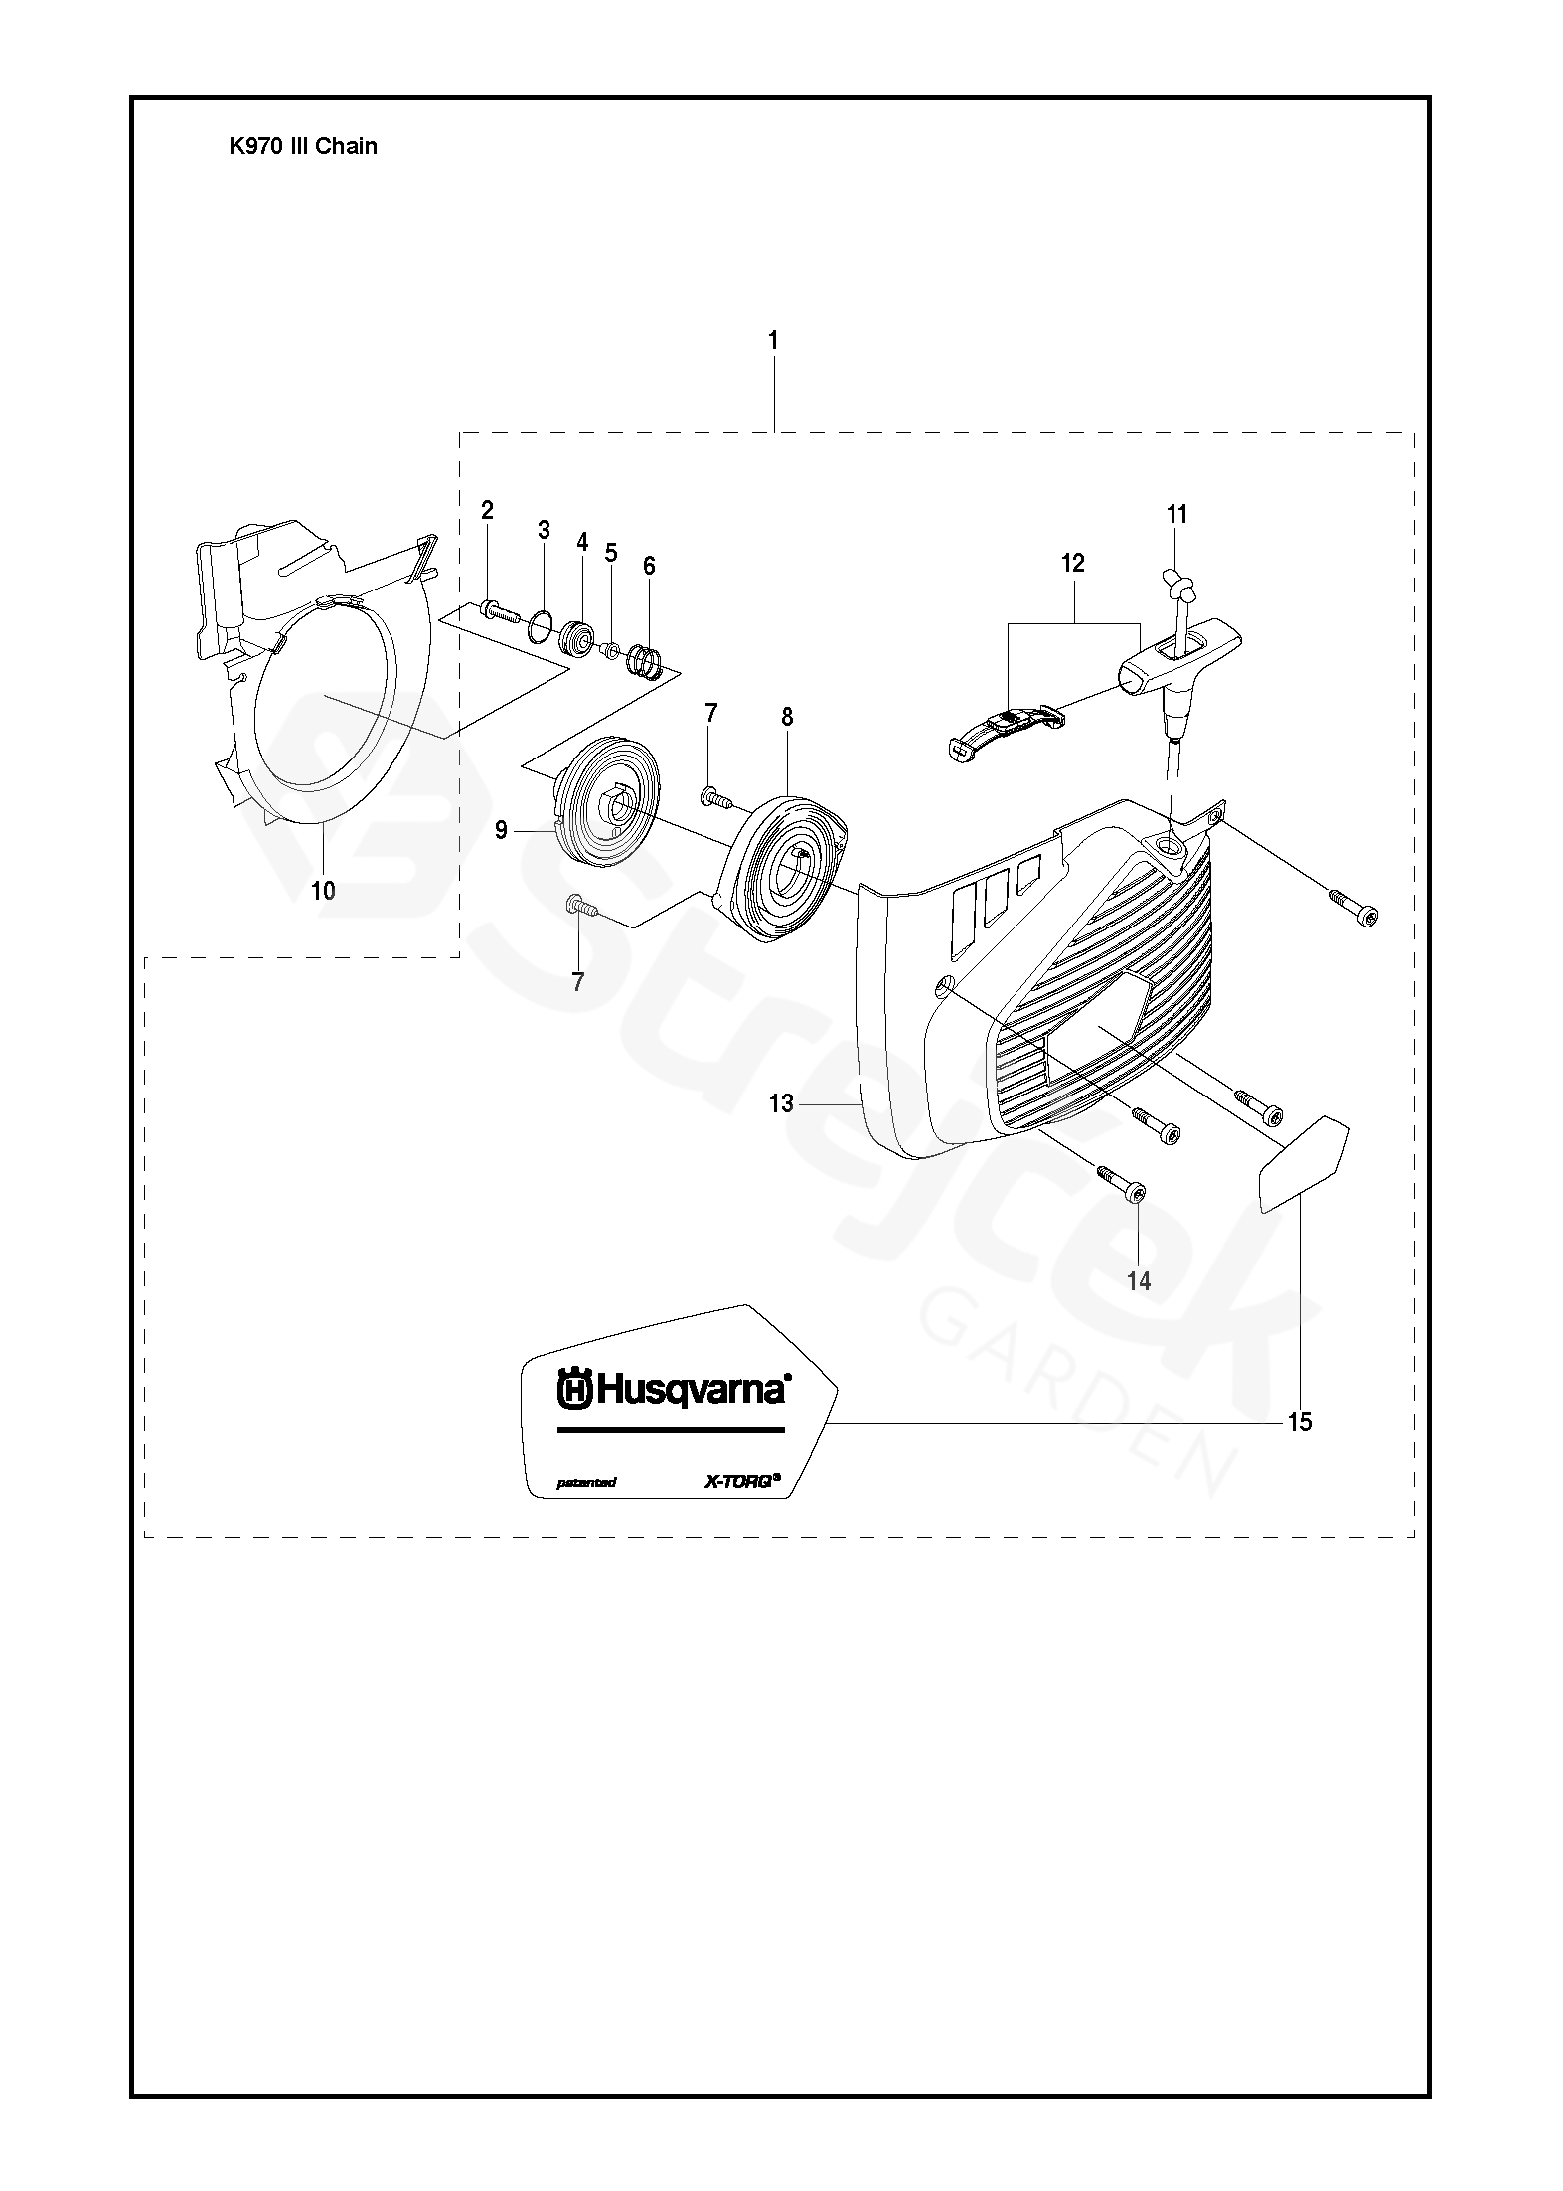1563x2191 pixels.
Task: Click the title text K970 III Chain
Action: pyautogui.click(x=303, y=146)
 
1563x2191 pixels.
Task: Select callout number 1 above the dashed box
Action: pyautogui.click(x=773, y=341)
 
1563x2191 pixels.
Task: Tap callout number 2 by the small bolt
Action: pyautogui.click(x=487, y=511)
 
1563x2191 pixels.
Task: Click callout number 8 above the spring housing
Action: pyautogui.click(x=787, y=717)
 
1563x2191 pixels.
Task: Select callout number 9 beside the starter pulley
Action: pyautogui.click(x=501, y=829)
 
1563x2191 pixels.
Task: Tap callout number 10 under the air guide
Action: pyautogui.click(x=323, y=891)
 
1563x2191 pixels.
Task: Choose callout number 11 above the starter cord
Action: pyautogui.click(x=1176, y=514)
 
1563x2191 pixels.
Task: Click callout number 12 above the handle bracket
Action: pyautogui.click(x=1073, y=563)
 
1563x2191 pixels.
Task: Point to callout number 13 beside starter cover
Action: pyautogui.click(x=781, y=1103)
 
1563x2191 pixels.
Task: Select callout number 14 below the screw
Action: pyautogui.click(x=1139, y=1281)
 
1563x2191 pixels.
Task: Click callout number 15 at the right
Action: pyautogui.click(x=1299, y=1422)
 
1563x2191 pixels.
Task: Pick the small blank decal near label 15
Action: pyautogui.click(x=1302, y=1162)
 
